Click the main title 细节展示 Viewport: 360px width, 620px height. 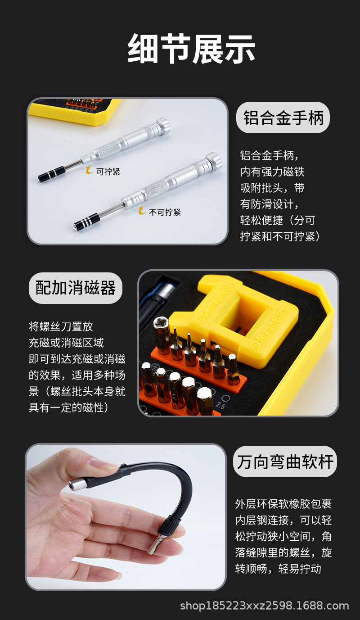191,49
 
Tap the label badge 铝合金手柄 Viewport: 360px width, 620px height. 283,118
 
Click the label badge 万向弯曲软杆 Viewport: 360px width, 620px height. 285,462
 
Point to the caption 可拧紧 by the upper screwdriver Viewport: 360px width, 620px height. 108,172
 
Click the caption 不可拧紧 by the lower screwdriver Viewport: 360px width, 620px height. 165,212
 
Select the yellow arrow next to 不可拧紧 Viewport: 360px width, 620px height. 142,211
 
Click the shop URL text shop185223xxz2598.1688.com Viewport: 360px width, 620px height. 264,606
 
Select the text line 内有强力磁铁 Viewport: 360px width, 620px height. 272,172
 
